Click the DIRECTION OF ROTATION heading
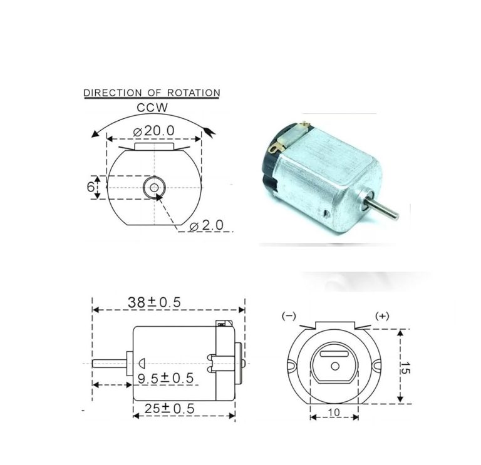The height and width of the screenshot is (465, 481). coord(152,93)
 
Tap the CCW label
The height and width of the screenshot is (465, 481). coord(152,108)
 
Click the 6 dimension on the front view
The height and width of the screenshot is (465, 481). coord(90,187)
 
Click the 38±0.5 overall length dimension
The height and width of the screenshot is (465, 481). coord(154,302)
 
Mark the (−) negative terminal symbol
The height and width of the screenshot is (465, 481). coord(289,316)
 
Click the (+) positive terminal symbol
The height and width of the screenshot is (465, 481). coord(381,316)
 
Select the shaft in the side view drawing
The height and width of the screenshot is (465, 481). coord(110,363)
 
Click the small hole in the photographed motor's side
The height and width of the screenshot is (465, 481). coord(326,213)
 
